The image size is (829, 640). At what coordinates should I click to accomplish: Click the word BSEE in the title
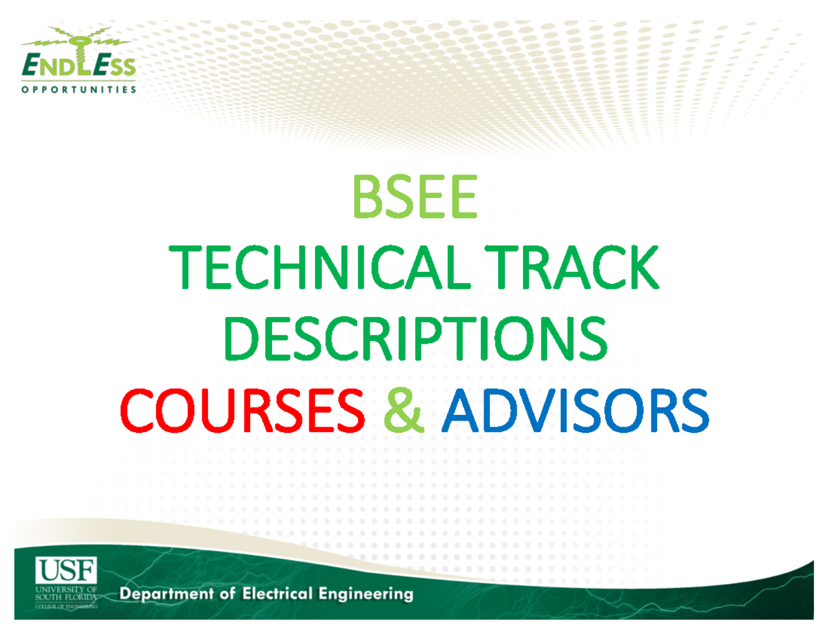point(414,197)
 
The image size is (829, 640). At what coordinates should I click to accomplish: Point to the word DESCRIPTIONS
point(414,341)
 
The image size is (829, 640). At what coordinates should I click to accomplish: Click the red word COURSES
point(242,412)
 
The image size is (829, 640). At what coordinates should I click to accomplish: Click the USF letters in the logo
point(66,571)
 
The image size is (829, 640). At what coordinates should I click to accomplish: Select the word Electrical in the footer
point(285,593)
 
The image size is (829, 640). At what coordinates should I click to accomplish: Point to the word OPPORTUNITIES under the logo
point(77,90)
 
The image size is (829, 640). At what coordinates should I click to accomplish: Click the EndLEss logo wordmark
point(77,67)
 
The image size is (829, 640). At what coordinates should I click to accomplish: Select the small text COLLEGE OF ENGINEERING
point(66,605)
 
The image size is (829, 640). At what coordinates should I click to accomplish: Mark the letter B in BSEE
point(366,197)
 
